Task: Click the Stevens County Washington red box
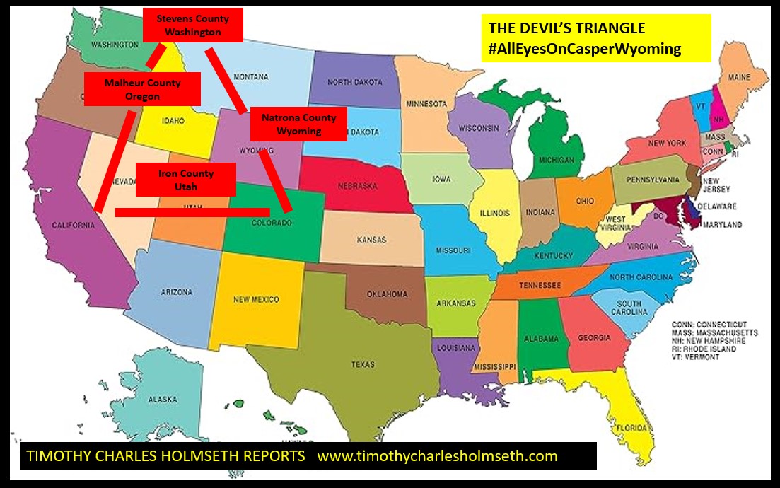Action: tap(193, 25)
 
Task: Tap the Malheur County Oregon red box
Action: tap(142, 89)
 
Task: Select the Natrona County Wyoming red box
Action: tap(298, 124)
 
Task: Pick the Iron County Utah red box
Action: tap(185, 180)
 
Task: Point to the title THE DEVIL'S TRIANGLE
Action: tap(566, 28)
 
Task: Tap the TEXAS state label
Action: tap(363, 365)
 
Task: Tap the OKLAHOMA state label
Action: tap(388, 294)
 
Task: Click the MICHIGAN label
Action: tap(556, 161)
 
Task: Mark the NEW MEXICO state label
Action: tap(255, 299)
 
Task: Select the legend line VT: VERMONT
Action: tap(697, 357)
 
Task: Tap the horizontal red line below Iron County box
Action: tap(192, 211)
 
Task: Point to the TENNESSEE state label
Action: tap(540, 285)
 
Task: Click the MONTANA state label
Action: tap(251, 76)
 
